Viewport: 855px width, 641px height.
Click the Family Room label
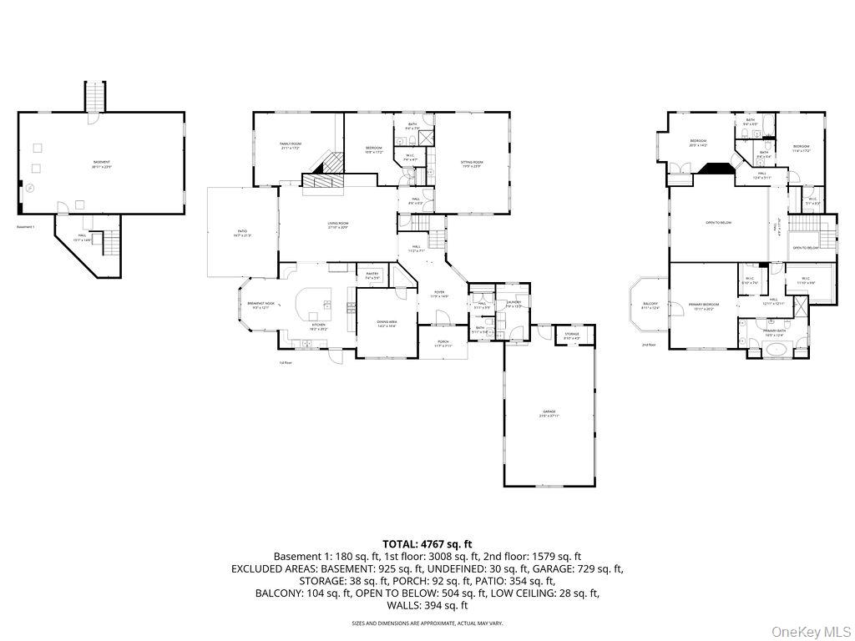290,146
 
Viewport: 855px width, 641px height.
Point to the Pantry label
372,276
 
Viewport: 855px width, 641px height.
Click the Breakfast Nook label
261,306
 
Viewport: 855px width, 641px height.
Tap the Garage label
549,413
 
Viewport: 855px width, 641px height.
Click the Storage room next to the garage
571,336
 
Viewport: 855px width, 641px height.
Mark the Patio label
243,234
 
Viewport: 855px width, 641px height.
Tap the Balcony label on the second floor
650,305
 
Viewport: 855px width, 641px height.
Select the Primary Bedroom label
704,305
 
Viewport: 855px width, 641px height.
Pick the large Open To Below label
718,223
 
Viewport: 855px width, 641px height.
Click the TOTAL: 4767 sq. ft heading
427,544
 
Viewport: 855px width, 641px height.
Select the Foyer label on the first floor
439,294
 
